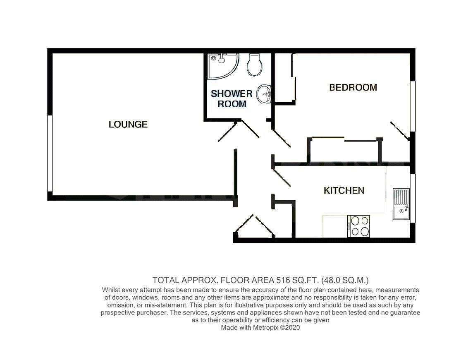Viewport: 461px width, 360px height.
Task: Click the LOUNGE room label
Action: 128,124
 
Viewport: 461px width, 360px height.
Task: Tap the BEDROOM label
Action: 353,87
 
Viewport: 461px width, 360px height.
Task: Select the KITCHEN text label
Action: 344,190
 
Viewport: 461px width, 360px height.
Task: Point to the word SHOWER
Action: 232,94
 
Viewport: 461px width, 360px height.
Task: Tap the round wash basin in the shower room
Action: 264,94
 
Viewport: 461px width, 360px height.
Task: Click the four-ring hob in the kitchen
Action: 359,226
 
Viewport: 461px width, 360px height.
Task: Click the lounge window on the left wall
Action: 50,153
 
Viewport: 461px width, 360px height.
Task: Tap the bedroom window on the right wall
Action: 412,106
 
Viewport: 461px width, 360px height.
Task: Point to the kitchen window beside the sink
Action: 413,199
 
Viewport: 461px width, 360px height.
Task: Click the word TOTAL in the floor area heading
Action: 164,279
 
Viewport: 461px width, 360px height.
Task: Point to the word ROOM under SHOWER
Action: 232,104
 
